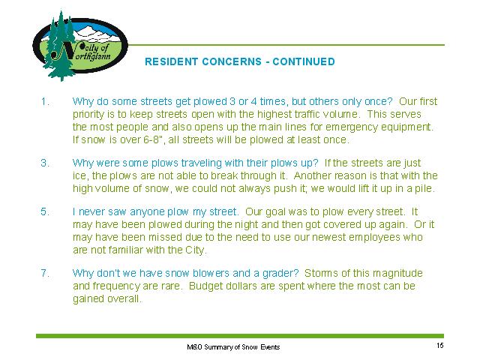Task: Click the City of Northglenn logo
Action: [80, 45]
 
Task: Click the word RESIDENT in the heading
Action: [172, 61]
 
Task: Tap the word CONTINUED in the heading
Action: [304, 61]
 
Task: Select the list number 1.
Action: [45, 101]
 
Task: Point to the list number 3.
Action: [45, 163]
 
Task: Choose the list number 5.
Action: [45, 211]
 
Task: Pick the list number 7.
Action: [45, 273]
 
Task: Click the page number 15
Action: [440, 346]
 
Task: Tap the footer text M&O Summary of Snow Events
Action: [233, 347]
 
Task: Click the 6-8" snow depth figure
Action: [151, 139]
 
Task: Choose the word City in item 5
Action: [196, 250]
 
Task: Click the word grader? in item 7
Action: [280, 273]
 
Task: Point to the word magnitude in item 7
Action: [397, 273]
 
